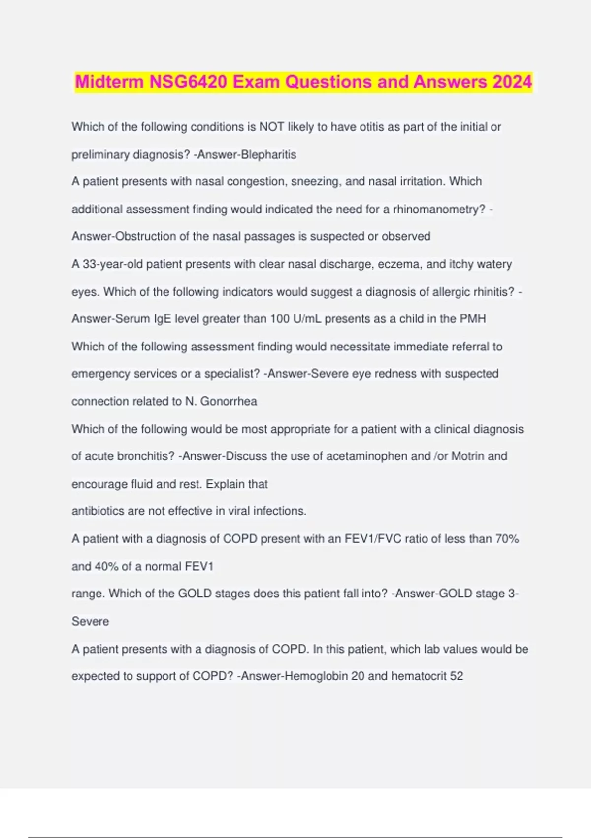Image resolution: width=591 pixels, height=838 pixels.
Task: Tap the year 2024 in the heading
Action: pos(512,82)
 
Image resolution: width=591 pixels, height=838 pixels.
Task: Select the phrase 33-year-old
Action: pos(112,264)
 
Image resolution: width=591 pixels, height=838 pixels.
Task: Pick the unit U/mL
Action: pos(307,319)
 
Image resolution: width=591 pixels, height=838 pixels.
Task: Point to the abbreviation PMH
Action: pos(473,319)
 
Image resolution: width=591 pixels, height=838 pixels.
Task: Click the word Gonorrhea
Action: pos(229,402)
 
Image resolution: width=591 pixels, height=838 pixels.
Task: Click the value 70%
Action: pos(507,539)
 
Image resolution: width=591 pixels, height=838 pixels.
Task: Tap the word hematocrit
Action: pos(419,676)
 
